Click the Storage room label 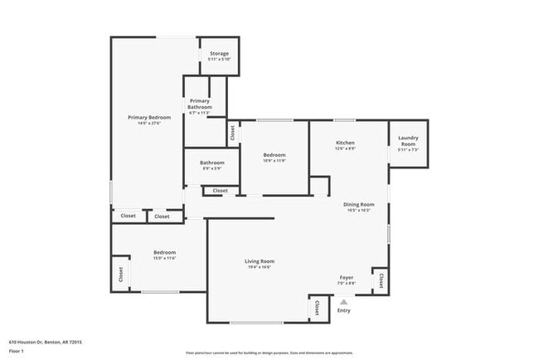[x=219, y=54]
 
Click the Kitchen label [x=345, y=144]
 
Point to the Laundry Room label [x=408, y=141]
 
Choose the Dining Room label [x=359, y=205]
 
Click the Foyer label [x=347, y=278]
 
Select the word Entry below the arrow [x=343, y=311]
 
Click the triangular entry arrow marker [x=343, y=303]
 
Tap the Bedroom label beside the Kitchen [x=274, y=155]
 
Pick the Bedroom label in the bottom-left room [x=164, y=253]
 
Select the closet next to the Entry [x=316, y=309]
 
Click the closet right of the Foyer [x=381, y=280]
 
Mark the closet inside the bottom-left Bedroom [x=121, y=275]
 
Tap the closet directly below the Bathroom [x=220, y=191]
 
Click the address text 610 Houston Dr [x=45, y=342]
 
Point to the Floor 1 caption [x=17, y=351]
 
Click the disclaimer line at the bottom [x=269, y=353]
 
